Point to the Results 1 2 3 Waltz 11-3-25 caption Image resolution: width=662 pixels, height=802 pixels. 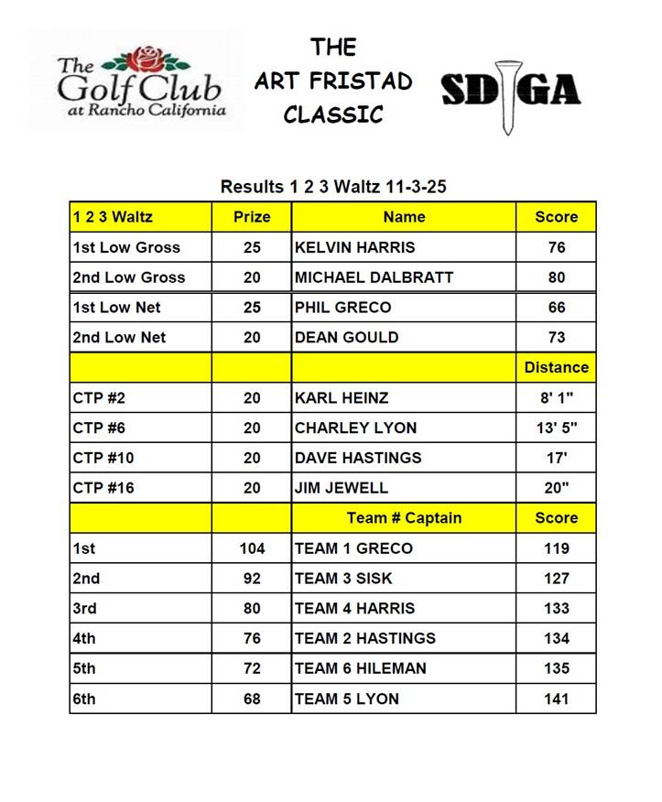pyautogui.click(x=333, y=187)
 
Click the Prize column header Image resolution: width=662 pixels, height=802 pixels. pyautogui.click(x=252, y=217)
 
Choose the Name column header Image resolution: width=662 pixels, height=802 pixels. pyautogui.click(x=404, y=217)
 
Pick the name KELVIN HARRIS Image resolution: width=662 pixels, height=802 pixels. pyautogui.click(x=354, y=247)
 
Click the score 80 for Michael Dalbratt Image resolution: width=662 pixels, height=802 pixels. pyautogui.click(x=556, y=277)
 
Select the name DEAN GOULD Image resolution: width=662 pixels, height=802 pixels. pyautogui.click(x=346, y=337)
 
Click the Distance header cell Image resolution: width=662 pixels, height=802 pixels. pyautogui.click(x=556, y=367)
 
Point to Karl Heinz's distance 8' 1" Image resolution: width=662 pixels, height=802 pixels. pyautogui.click(x=556, y=397)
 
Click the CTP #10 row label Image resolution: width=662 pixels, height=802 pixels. pyautogui.click(x=103, y=458)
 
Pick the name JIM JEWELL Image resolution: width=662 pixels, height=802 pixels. pyautogui.click(x=342, y=488)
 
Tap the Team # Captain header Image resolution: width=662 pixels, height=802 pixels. pyautogui.click(x=404, y=518)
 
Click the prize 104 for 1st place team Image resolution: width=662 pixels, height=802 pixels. pyautogui.click(x=252, y=548)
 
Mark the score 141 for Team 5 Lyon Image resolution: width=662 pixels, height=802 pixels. pyautogui.click(x=556, y=699)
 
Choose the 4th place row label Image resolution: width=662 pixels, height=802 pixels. pyautogui.click(x=85, y=638)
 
